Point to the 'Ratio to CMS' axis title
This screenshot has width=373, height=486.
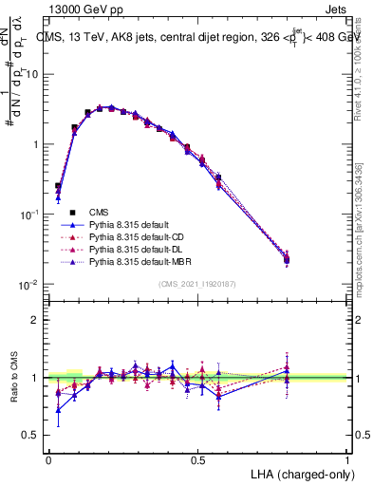[x=13, y=378]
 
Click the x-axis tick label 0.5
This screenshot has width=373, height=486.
[x=197, y=458]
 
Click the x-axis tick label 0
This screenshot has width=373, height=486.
[x=48, y=458]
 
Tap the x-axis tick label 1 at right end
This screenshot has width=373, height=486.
[x=347, y=458]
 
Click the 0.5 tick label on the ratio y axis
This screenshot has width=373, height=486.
[x=29, y=435]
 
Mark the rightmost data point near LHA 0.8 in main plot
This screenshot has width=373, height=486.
[x=288, y=258]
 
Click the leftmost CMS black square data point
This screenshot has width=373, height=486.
[x=58, y=187]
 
